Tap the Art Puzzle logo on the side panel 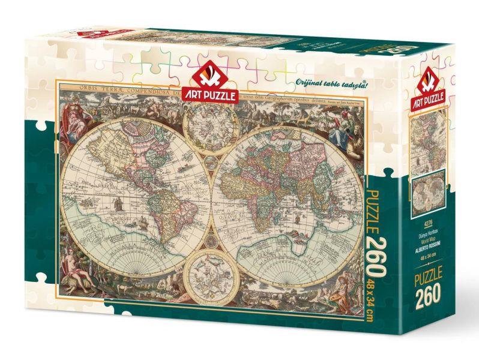click(427, 88)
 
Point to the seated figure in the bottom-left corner click(80, 282)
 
